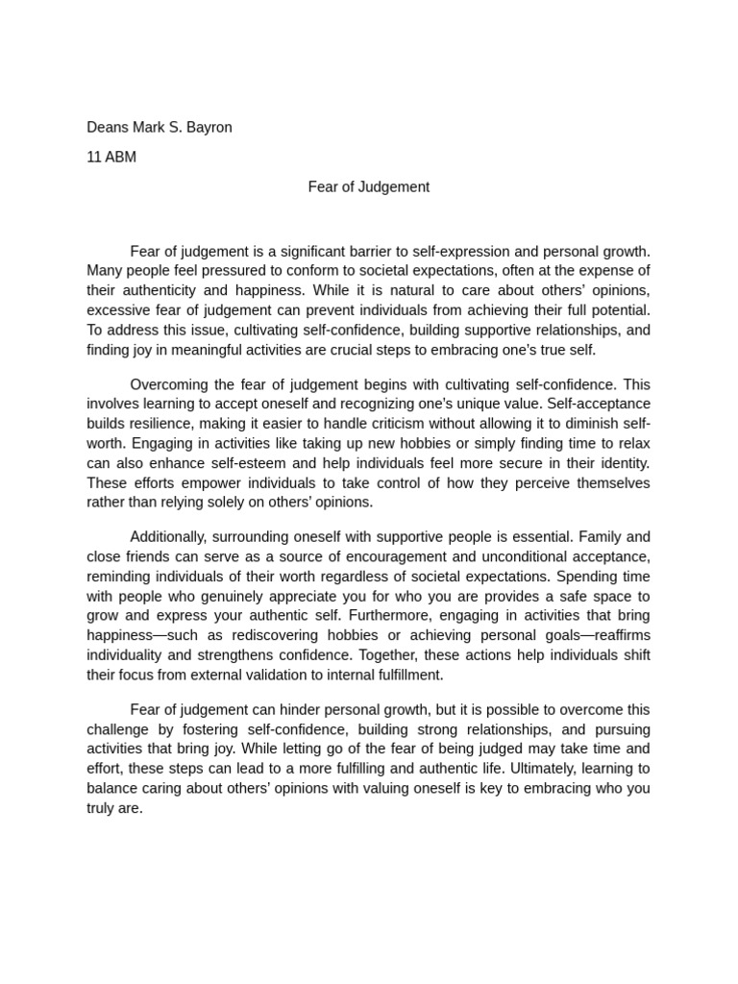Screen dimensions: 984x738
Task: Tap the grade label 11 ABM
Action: coord(111,157)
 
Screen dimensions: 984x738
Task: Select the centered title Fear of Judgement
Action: coord(368,186)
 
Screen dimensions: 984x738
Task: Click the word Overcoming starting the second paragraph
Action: coord(169,383)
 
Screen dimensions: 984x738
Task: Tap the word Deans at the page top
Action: coord(108,127)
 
